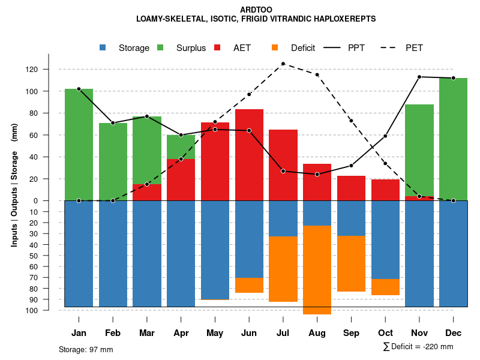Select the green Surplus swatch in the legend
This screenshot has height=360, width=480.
161,48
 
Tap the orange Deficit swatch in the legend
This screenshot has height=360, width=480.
275,48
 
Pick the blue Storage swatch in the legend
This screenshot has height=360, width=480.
103,48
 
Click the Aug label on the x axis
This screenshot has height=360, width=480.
317,333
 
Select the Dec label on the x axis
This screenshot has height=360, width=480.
453,333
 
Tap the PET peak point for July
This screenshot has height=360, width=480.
283,64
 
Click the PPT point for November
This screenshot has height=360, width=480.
419,77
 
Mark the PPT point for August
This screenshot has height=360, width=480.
317,175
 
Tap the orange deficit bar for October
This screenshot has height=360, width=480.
385,287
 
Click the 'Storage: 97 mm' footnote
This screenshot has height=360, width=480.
86,349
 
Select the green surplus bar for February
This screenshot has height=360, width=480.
113,162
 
